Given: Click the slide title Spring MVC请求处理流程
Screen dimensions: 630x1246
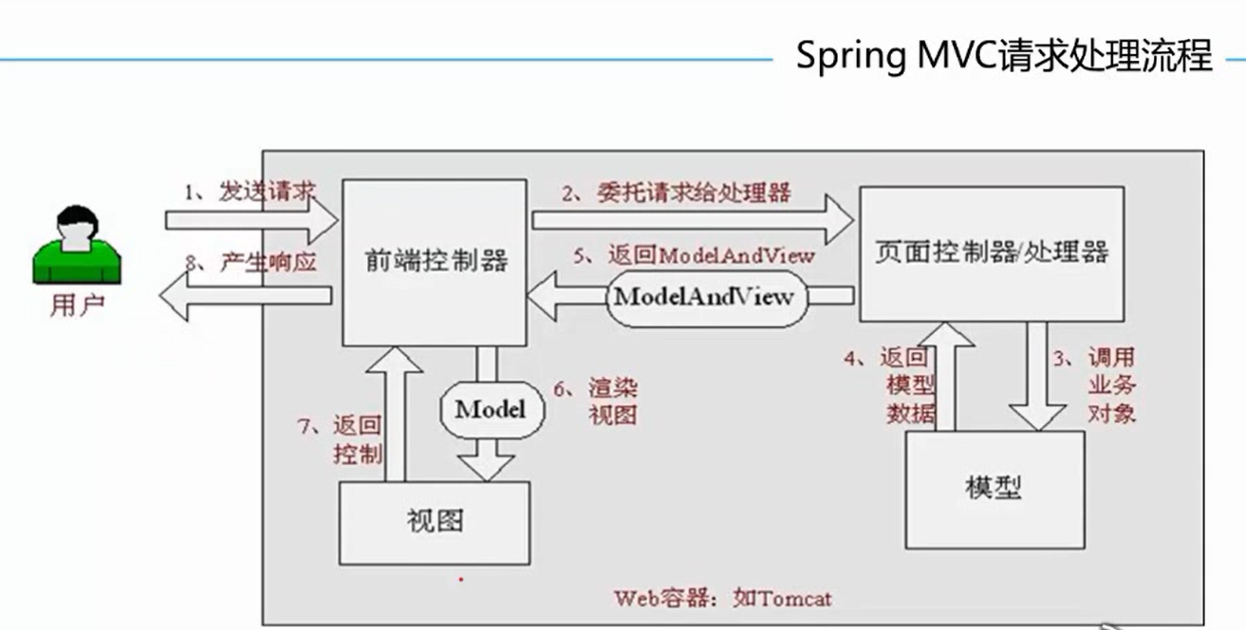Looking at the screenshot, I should click(1004, 57).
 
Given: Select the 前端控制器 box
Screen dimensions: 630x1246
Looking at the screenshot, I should click(435, 261).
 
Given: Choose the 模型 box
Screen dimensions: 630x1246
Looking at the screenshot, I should click(994, 489).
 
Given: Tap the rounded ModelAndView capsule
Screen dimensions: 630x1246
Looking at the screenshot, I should click(703, 296).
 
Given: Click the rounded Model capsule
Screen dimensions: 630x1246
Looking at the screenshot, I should click(490, 410).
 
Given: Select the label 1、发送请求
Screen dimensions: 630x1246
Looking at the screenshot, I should click(250, 193).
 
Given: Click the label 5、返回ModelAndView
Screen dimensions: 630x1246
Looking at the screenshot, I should click(695, 255).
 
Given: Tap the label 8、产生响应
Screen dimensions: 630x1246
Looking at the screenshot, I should click(250, 263).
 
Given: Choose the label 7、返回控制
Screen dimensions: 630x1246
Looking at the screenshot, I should click(341, 440).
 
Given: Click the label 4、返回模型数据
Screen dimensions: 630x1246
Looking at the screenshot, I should click(886, 385).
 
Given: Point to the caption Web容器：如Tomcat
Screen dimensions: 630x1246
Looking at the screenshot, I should click(723, 599).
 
